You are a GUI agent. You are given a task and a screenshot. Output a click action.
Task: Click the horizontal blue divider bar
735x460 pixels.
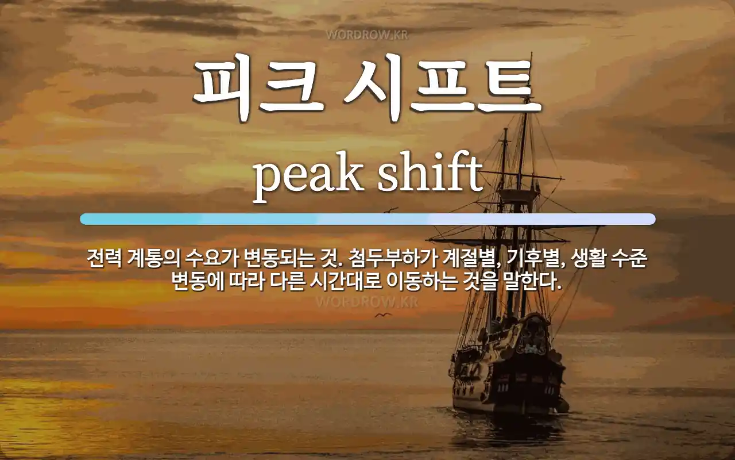pyautogui.click(x=367, y=219)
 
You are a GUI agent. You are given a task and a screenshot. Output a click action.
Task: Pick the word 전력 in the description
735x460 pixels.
pyautogui.click(x=103, y=259)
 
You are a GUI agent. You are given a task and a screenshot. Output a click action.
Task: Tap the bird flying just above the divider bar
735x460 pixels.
pyautogui.click(x=391, y=210)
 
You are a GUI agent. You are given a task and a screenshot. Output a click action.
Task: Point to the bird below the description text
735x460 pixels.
pyautogui.click(x=382, y=315)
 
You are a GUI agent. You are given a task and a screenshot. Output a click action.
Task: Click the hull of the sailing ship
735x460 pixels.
pyautogui.click(x=505, y=385)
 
